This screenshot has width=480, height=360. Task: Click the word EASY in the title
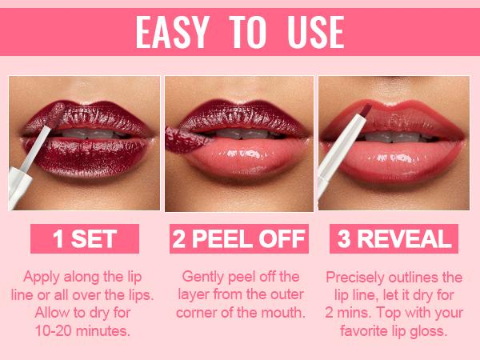(173, 33)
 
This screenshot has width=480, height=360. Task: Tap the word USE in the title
(313, 33)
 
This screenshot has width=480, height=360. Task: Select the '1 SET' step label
(84, 238)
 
